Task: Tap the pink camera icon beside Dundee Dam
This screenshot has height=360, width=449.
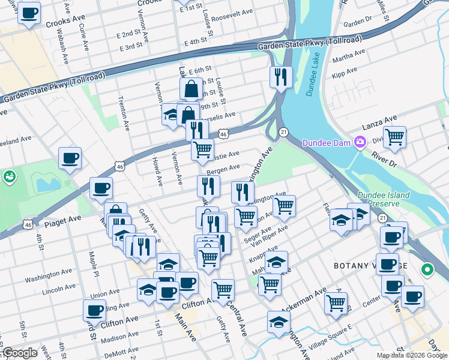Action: tap(360, 143)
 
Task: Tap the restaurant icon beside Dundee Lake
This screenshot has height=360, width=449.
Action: tap(281, 76)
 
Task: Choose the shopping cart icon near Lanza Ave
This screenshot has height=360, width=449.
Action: tap(394, 137)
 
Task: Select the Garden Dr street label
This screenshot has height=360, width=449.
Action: tap(358, 21)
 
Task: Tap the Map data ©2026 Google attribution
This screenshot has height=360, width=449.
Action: tap(412, 355)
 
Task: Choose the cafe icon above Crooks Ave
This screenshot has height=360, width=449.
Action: tap(29, 13)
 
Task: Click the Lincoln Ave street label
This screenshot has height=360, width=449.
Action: tap(59, 292)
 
